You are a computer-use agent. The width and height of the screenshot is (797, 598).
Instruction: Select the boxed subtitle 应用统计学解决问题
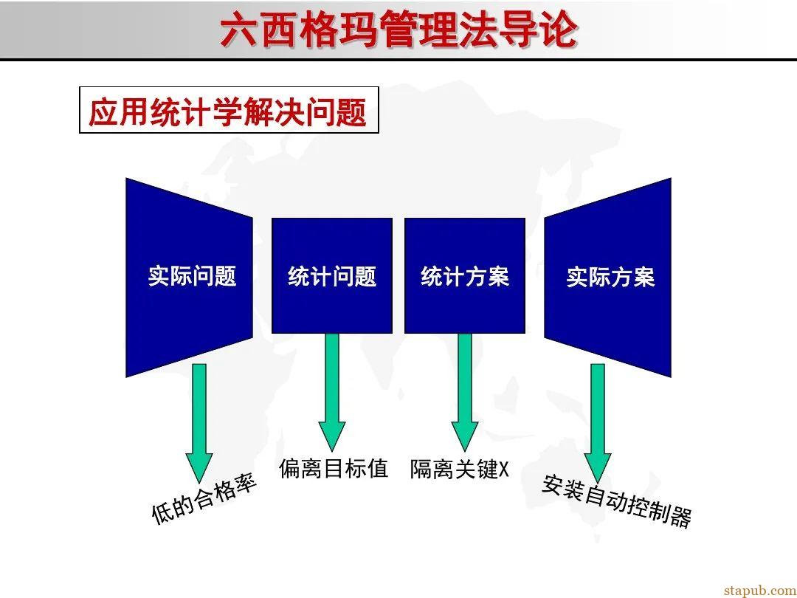click(x=229, y=111)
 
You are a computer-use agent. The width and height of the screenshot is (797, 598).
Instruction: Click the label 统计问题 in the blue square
click(x=332, y=276)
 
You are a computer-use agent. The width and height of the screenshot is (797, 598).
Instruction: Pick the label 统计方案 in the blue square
click(x=465, y=276)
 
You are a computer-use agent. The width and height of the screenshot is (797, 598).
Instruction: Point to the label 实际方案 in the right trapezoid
click(x=610, y=277)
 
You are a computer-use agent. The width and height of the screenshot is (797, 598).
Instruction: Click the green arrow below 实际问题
click(x=199, y=421)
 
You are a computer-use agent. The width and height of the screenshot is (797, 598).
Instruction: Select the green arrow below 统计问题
click(x=332, y=391)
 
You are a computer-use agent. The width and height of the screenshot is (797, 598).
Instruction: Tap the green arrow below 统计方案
click(x=465, y=391)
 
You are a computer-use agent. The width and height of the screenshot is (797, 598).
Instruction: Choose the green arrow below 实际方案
click(x=598, y=421)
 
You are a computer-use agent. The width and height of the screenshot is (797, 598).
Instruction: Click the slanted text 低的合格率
click(x=204, y=500)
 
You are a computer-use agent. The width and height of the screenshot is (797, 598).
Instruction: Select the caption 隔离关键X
click(x=460, y=469)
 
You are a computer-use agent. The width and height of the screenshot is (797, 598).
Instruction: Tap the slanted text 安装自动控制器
click(x=617, y=501)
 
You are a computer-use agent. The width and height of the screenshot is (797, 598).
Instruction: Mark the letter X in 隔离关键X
click(x=504, y=470)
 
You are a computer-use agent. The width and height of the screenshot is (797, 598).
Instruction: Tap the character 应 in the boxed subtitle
click(x=103, y=111)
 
